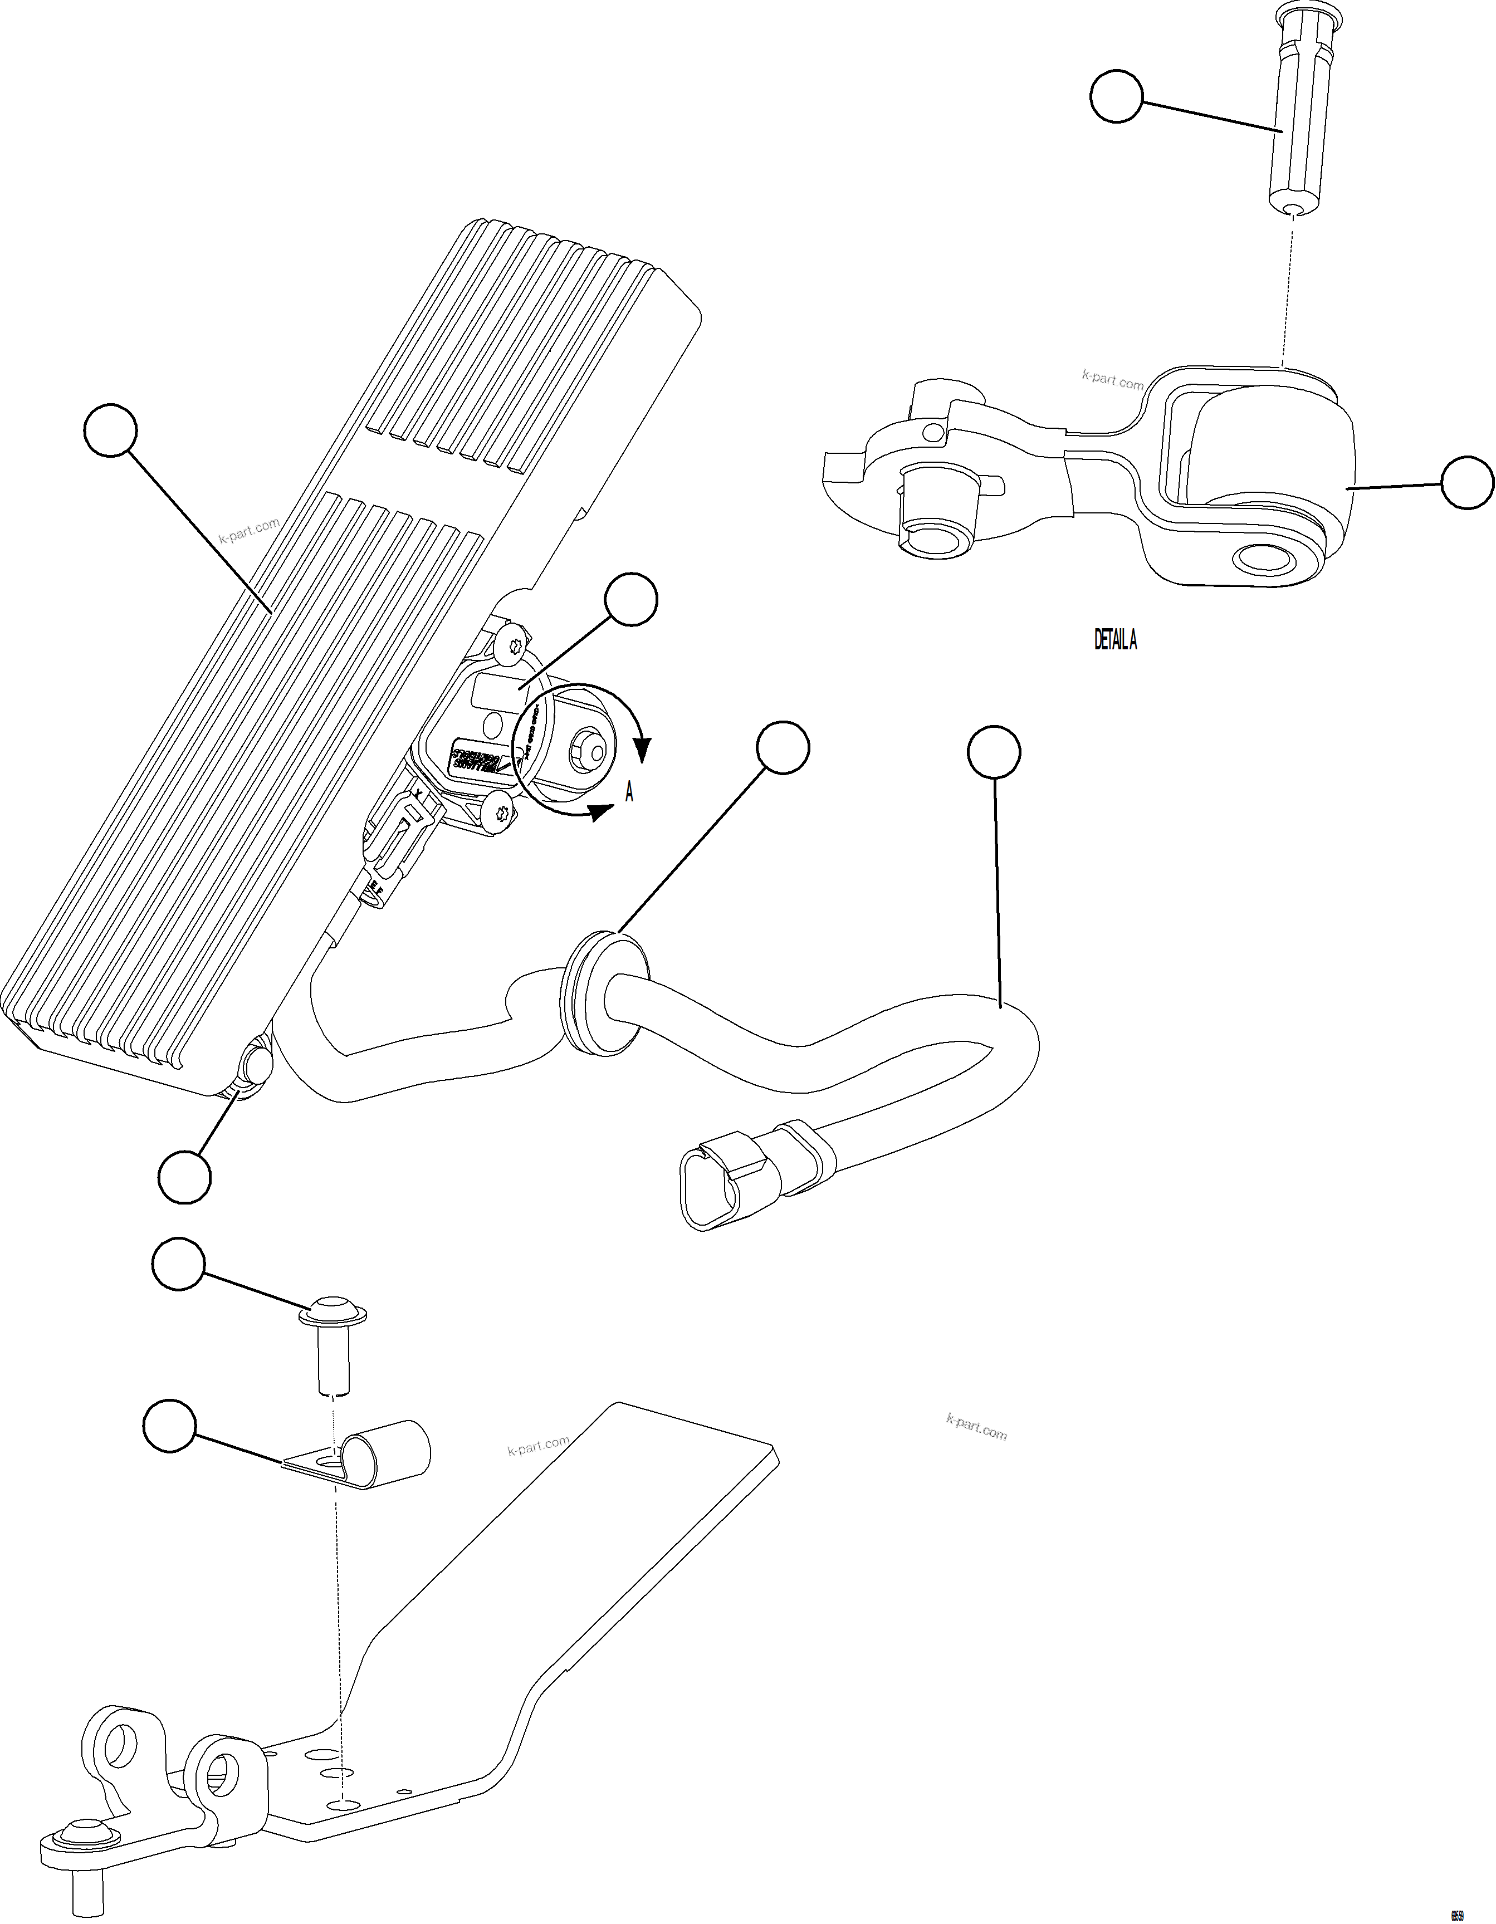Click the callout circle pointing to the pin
click(1116, 97)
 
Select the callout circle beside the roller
click(1467, 482)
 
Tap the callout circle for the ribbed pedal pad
click(111, 430)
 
